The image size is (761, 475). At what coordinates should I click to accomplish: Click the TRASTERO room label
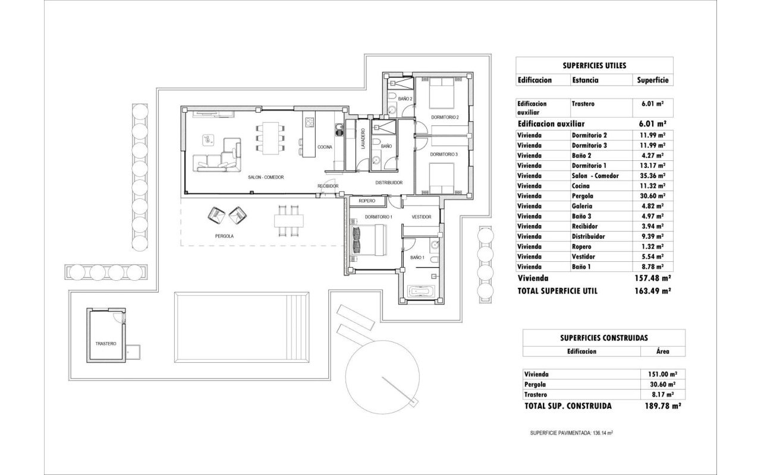(x=106, y=344)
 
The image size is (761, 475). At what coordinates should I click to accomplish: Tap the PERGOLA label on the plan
(x=224, y=236)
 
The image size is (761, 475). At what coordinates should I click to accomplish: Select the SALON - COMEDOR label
(x=266, y=177)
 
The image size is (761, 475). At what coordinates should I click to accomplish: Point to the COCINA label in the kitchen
(x=325, y=147)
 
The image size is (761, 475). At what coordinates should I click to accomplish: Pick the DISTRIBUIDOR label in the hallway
(x=389, y=182)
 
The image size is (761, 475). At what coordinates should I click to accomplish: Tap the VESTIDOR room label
(x=422, y=217)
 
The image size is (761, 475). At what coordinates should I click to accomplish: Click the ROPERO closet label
(x=367, y=201)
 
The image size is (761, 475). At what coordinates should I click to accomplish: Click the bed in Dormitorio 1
(x=369, y=240)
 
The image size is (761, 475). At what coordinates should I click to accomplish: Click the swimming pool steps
(x=298, y=327)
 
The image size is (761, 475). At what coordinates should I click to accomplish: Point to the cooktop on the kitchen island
(x=309, y=122)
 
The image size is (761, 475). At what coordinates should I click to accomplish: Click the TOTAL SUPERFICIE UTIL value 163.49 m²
(x=653, y=291)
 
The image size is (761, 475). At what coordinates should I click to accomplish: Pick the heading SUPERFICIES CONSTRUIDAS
(x=604, y=338)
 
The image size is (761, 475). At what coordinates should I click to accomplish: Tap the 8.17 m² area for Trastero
(x=662, y=395)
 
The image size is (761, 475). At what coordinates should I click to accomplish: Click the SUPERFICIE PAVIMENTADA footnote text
(x=571, y=433)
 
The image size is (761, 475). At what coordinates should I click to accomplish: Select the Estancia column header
(x=586, y=80)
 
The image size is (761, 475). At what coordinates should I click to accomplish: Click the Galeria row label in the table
(x=582, y=206)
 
